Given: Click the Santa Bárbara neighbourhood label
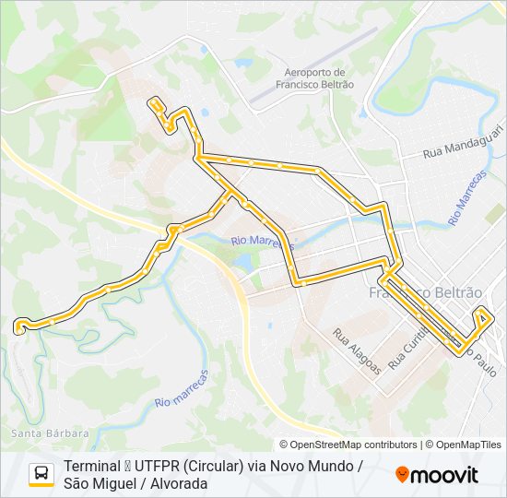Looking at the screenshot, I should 50,433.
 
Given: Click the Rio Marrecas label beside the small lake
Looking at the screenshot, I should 263,243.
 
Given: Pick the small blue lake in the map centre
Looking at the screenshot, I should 243,262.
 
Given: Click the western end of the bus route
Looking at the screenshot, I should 18,325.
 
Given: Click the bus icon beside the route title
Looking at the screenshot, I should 41,474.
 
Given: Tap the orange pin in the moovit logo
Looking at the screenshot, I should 402,474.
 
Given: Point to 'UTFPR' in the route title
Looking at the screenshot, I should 157,467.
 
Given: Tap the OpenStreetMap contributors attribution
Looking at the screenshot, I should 348,445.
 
